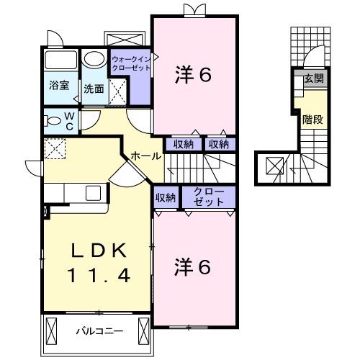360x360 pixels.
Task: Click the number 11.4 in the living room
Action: point(99,274)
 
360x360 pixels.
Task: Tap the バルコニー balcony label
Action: point(101,332)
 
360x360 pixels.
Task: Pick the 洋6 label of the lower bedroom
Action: point(193,267)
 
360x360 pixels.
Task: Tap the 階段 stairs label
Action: point(312,120)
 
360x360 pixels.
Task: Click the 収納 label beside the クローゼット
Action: point(166,197)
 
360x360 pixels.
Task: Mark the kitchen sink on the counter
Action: point(92,193)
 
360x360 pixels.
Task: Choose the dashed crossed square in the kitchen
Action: point(54,148)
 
